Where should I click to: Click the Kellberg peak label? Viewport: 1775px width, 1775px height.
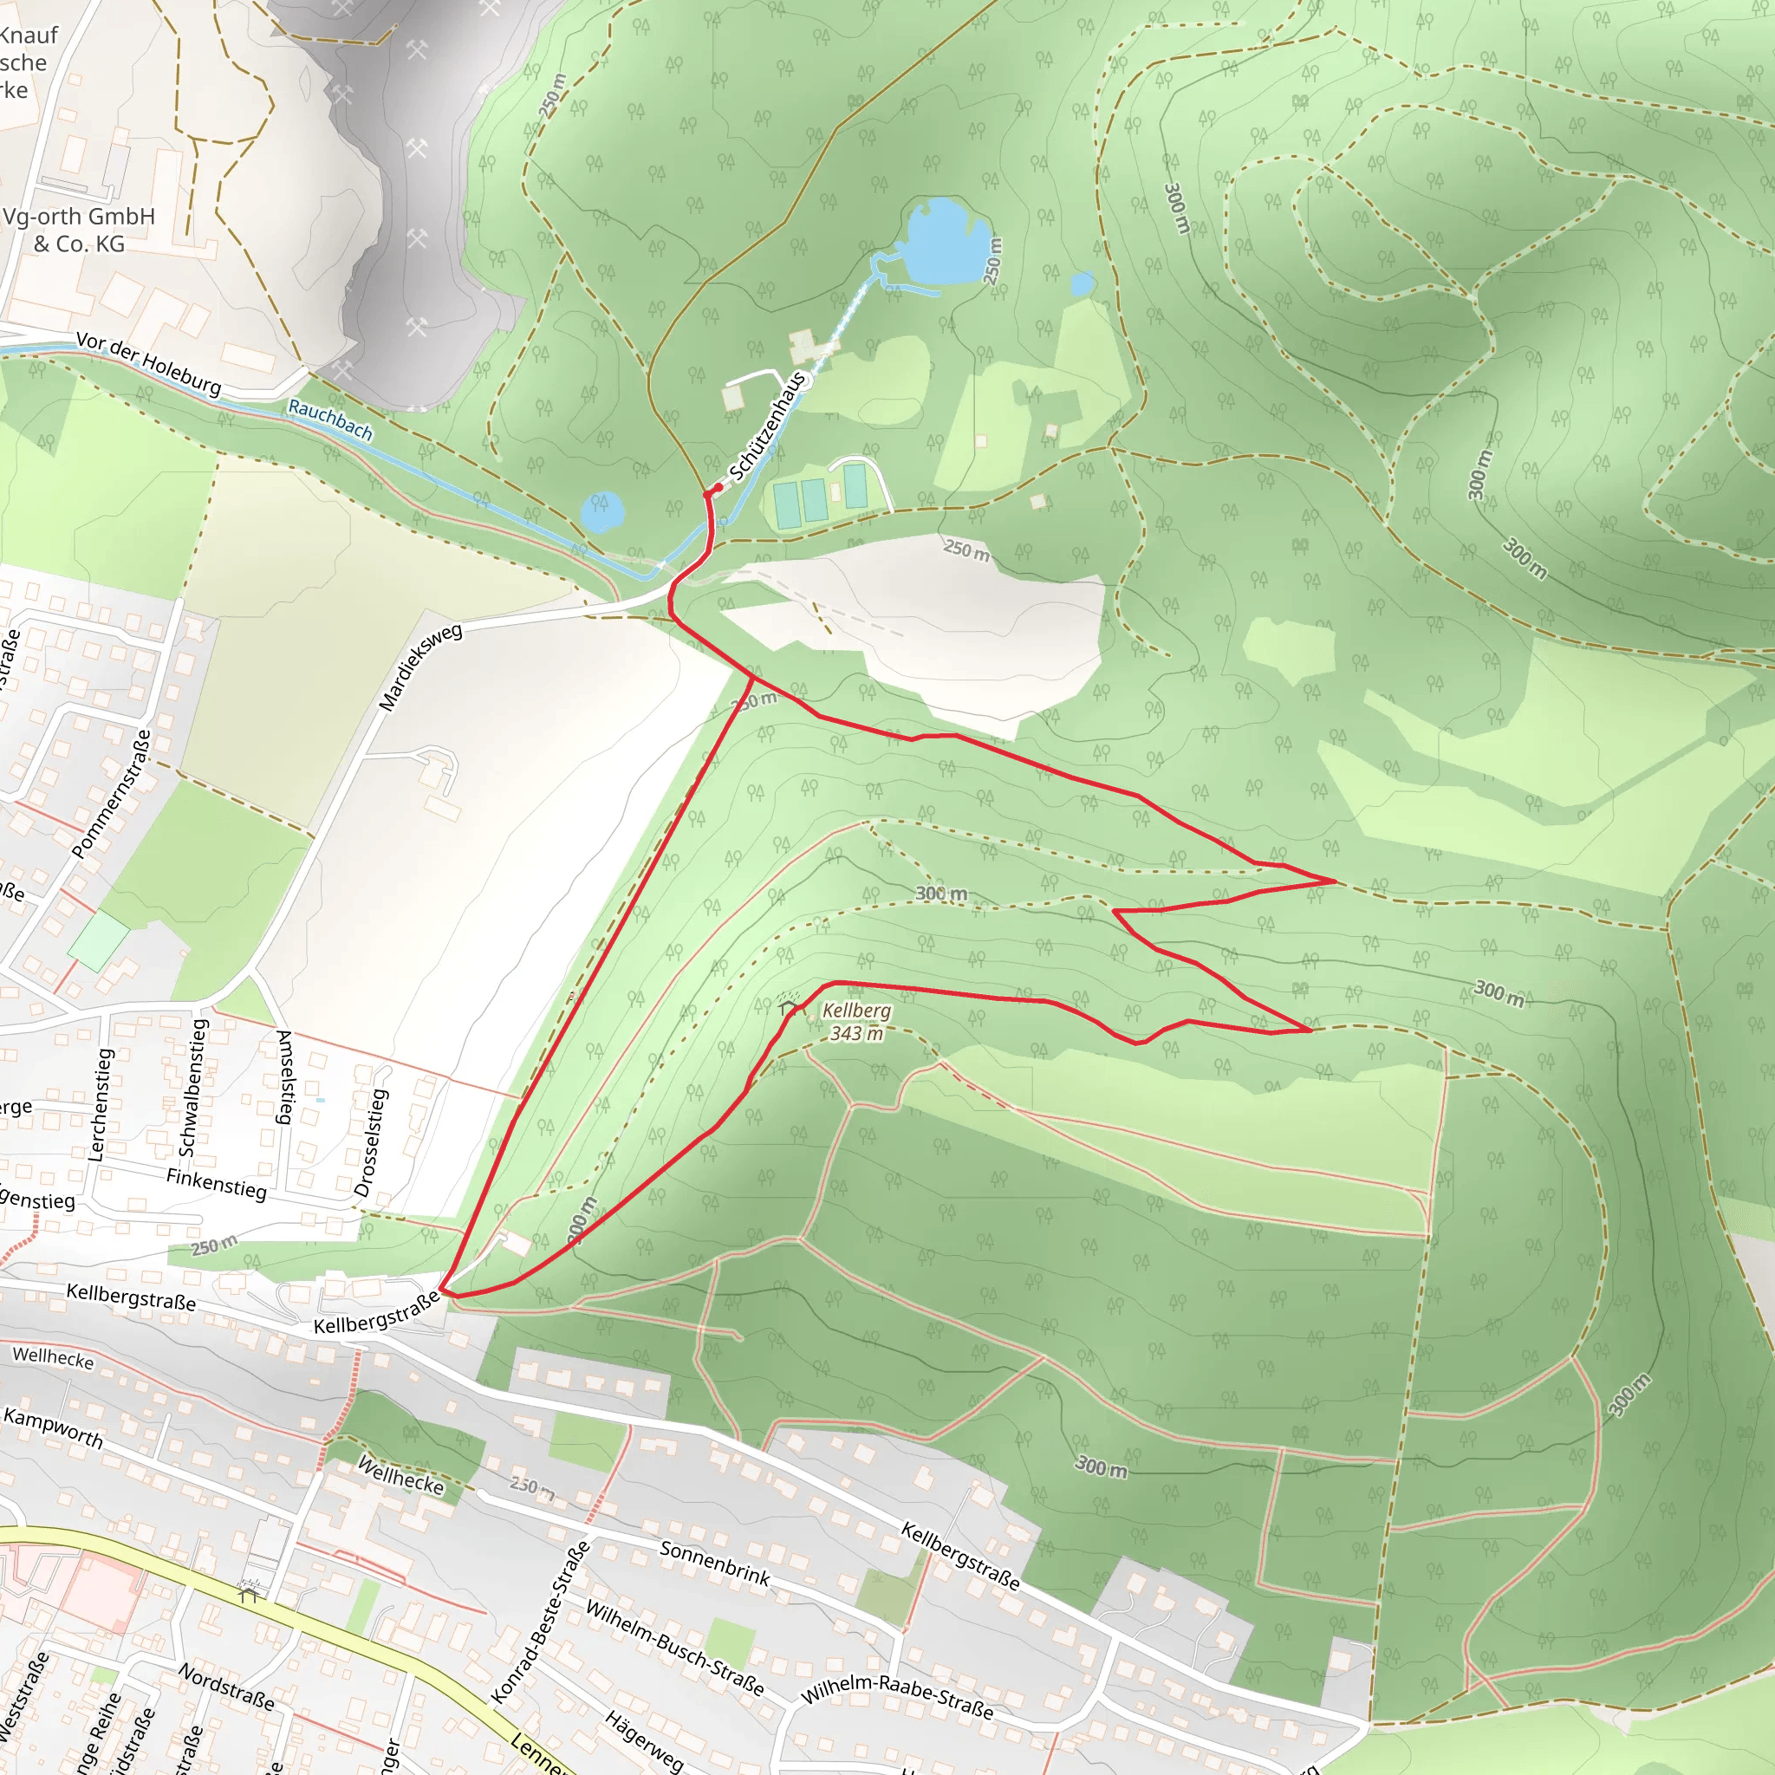pyautogui.click(x=856, y=1011)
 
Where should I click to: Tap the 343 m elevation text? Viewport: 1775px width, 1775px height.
pyautogui.click(x=856, y=1034)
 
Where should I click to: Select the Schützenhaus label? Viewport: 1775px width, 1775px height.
pyautogui.click(x=768, y=426)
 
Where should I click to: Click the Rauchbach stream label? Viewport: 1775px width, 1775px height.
pyautogui.click(x=330, y=419)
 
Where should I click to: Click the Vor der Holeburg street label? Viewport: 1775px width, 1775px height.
pyautogui.click(x=149, y=365)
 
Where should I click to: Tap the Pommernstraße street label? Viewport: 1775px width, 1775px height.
pyautogui.click(x=111, y=795)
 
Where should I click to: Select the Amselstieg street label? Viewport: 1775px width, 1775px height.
pyautogui.click(x=285, y=1076)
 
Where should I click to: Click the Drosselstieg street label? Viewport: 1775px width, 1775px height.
pyautogui.click(x=371, y=1142)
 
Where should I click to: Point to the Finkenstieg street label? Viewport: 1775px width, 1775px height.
pyautogui.click(x=216, y=1183)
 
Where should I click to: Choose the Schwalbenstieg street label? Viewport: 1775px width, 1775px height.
pyautogui.click(x=193, y=1087)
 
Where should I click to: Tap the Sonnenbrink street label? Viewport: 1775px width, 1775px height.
pyautogui.click(x=715, y=1563)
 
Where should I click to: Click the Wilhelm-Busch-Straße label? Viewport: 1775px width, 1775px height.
pyautogui.click(x=674, y=1648)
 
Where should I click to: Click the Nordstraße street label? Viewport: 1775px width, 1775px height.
pyautogui.click(x=226, y=1687)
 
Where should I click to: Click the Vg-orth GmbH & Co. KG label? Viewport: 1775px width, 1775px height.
pyautogui.click(x=79, y=230)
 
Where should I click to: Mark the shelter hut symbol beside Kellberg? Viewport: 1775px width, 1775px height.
pyautogui.click(x=787, y=1008)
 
